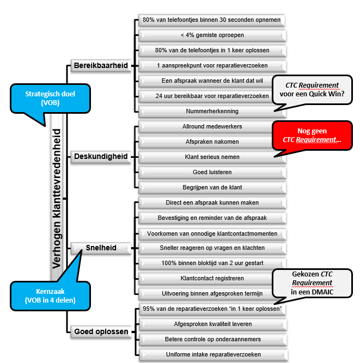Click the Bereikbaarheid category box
[x=101, y=65]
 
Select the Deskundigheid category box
[x=101, y=157]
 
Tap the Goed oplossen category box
[x=101, y=331]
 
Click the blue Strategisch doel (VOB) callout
[x=50, y=99]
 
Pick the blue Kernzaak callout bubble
[x=50, y=296]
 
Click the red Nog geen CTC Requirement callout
[x=312, y=136]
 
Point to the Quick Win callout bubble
[x=312, y=90]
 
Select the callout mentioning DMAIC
[x=312, y=283]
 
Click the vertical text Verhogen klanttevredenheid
[x=57, y=199]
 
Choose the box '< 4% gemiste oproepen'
[x=212, y=35]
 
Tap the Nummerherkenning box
[x=212, y=112]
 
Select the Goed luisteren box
[x=212, y=172]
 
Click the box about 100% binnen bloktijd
[x=212, y=263]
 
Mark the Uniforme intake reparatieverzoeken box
[x=213, y=354]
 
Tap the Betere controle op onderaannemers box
[x=213, y=340]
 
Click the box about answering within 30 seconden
[x=211, y=20]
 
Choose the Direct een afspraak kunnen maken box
[x=212, y=203]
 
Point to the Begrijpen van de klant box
[x=212, y=188]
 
